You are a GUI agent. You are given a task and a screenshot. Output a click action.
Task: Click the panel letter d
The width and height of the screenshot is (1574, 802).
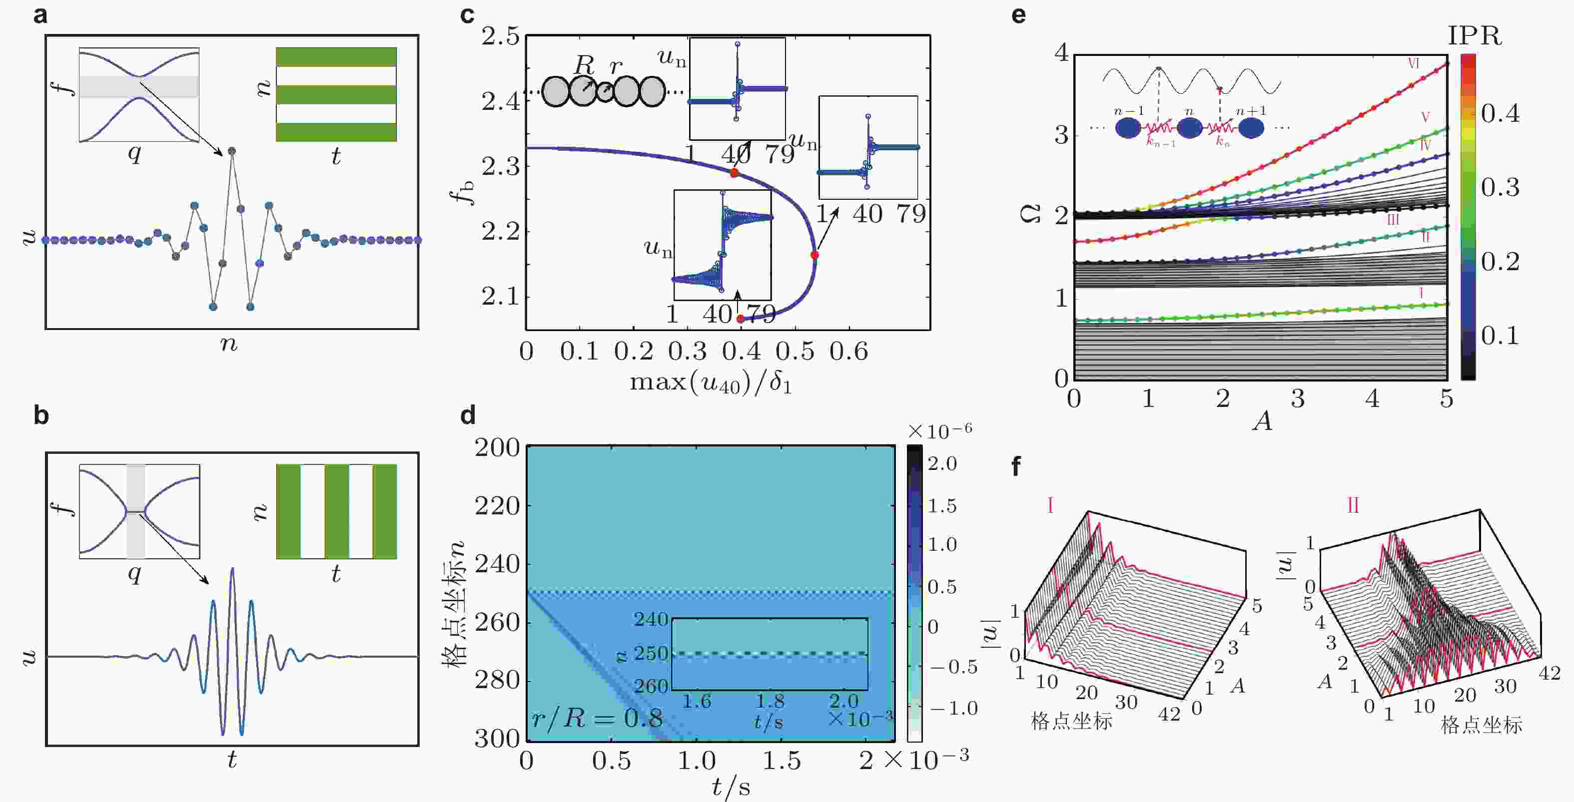pyautogui.click(x=468, y=416)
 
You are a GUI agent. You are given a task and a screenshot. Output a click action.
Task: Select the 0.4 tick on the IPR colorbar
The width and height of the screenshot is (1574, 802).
pyautogui.click(x=1500, y=114)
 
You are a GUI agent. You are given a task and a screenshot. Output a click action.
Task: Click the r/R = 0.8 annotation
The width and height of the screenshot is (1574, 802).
pyautogui.click(x=597, y=718)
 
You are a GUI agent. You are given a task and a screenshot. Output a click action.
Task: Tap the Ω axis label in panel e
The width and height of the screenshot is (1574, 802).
pyautogui.click(x=1031, y=214)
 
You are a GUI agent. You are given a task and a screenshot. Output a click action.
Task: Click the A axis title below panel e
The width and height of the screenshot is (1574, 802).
pyautogui.click(x=1262, y=421)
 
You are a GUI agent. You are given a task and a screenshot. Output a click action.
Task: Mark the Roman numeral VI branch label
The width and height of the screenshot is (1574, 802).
pyautogui.click(x=1413, y=63)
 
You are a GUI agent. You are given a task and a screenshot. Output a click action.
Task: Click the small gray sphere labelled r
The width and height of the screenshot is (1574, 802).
pyautogui.click(x=605, y=93)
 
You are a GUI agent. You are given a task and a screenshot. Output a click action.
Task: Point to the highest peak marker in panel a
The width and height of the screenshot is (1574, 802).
pyautogui.click(x=231, y=151)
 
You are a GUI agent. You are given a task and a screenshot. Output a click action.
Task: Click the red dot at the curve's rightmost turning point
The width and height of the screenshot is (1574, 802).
pyautogui.click(x=814, y=255)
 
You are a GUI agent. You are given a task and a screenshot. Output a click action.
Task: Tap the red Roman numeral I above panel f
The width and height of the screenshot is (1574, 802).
pyautogui.click(x=1050, y=506)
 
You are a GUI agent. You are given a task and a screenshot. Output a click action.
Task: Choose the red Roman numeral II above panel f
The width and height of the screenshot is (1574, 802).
pyautogui.click(x=1353, y=506)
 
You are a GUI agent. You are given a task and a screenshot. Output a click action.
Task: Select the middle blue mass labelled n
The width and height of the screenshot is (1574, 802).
pyautogui.click(x=1190, y=128)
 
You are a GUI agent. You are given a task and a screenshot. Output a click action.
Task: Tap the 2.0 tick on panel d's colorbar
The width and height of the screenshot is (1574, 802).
pyautogui.click(x=942, y=463)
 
